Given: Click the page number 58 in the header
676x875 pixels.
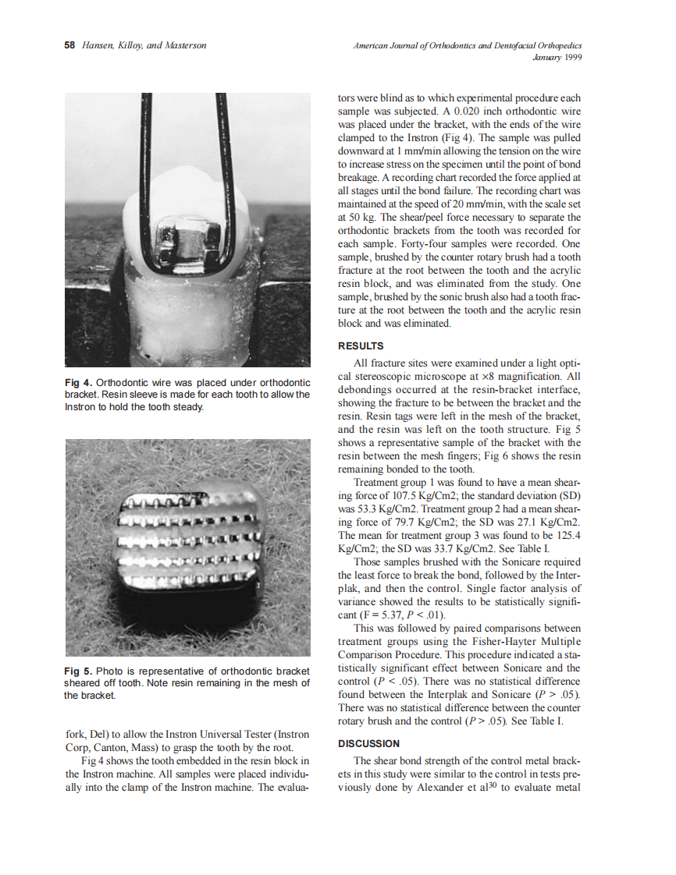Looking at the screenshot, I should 69,45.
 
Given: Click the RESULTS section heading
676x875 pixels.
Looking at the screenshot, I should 360,345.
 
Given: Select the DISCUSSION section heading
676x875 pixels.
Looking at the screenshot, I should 368,743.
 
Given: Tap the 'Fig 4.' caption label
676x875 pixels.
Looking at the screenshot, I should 79,383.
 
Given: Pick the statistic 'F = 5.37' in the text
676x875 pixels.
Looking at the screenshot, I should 375,614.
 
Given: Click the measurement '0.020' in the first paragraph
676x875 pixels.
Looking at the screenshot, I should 444,112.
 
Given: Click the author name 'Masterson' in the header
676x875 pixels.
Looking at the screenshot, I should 182,45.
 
